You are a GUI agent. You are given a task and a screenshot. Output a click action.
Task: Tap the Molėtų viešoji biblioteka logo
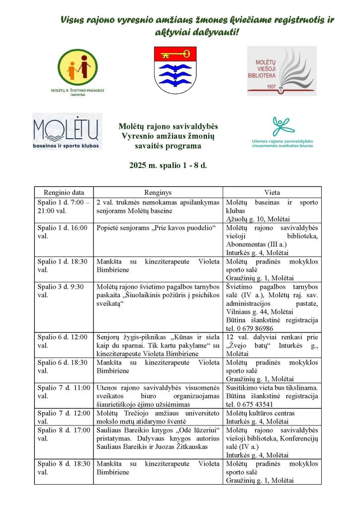pyautogui.click(x=281, y=71)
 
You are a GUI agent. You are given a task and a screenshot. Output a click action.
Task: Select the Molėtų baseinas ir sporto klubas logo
pyautogui.click(x=67, y=131)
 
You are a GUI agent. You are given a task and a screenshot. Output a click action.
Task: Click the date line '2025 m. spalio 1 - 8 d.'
pyautogui.click(x=168, y=165)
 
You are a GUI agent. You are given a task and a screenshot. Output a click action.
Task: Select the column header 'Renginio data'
pyautogui.click(x=64, y=192)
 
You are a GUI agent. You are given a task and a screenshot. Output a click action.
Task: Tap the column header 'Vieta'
pyautogui.click(x=272, y=192)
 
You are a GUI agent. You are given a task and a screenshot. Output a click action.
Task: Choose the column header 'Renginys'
pyautogui.click(x=158, y=192)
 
